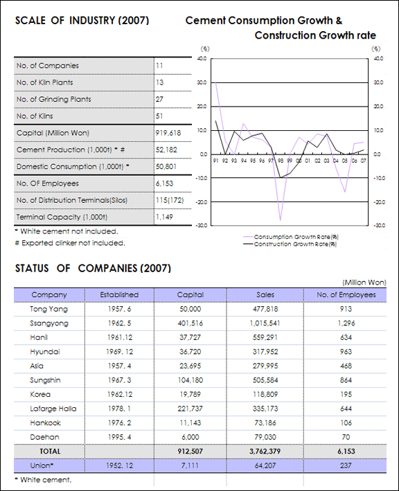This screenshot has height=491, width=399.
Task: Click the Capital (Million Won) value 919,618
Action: (x=168, y=133)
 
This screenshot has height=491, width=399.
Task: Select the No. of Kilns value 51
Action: (x=159, y=116)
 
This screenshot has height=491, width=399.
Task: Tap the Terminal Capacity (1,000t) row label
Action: (x=62, y=217)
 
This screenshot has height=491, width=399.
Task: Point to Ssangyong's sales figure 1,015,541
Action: (x=265, y=323)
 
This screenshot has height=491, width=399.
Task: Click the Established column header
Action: (x=119, y=294)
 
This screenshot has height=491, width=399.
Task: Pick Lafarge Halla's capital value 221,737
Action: (x=190, y=409)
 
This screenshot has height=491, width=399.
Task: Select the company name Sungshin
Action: (x=45, y=380)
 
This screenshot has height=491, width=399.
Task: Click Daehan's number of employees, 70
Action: (x=346, y=437)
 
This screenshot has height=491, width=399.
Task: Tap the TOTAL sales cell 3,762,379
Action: (x=265, y=452)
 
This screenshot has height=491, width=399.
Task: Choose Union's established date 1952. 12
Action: (x=119, y=465)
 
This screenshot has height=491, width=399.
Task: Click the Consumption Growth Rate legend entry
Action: (x=291, y=237)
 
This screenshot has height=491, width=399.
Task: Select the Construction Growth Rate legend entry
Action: (x=290, y=244)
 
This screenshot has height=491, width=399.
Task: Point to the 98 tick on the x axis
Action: (x=281, y=161)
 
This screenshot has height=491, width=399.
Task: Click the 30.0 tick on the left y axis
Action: (x=202, y=82)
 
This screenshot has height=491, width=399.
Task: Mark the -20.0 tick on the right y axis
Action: (x=380, y=202)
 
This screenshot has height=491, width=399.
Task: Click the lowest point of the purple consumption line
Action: (x=281, y=220)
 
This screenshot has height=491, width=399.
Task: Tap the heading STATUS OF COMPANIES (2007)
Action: (x=93, y=269)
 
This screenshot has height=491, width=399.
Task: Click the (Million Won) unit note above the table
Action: (x=364, y=283)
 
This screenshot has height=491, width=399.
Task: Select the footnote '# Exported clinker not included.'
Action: (x=70, y=243)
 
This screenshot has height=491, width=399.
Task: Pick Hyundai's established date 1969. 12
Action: (x=119, y=352)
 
